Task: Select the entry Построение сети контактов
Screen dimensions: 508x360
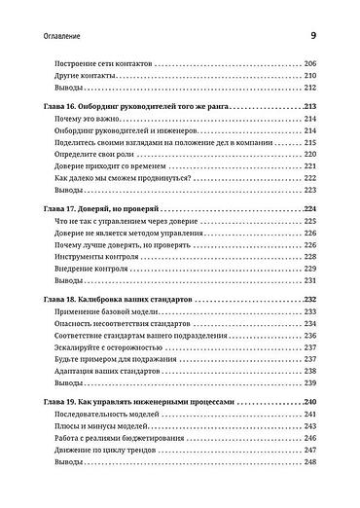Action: pyautogui.click(x=98, y=61)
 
